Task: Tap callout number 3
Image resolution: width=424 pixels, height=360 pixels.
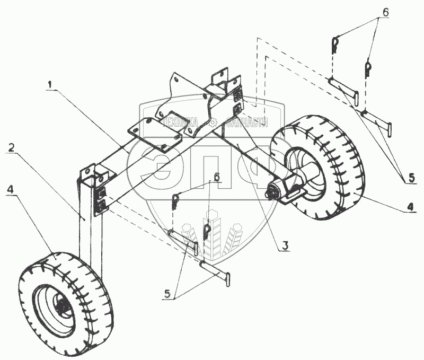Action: pos(285,245)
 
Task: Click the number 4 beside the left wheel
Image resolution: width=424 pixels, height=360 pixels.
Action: pos(11,189)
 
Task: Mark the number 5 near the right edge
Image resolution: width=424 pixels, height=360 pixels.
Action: pos(411,178)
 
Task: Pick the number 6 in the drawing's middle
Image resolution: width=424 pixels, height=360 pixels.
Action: pos(216,177)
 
